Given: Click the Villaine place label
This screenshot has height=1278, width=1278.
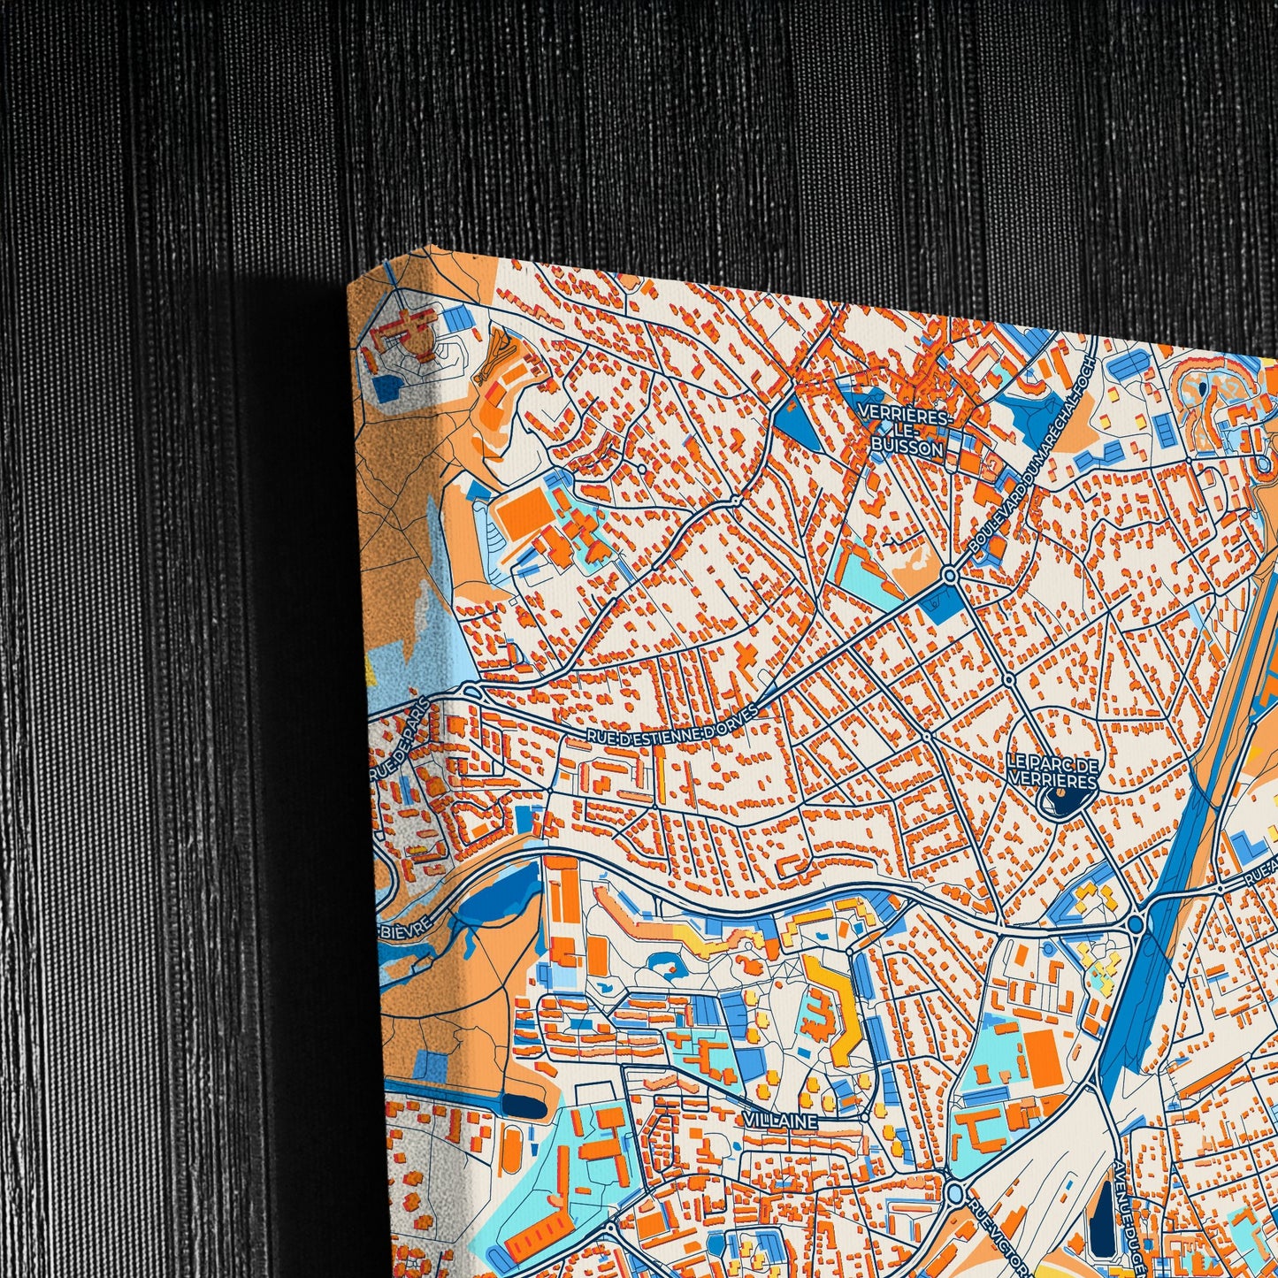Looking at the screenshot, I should pyautogui.click(x=780, y=1121).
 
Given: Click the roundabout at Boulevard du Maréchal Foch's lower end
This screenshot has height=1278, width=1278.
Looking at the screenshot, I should pyautogui.click(x=950, y=576).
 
